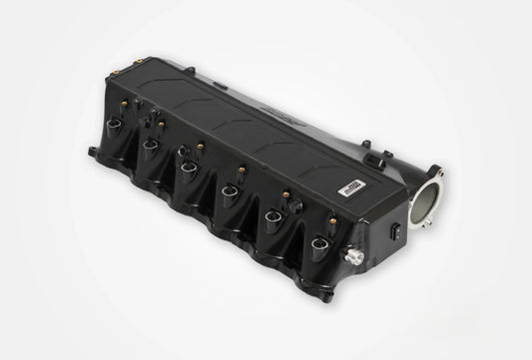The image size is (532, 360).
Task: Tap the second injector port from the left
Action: tap(151, 146)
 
